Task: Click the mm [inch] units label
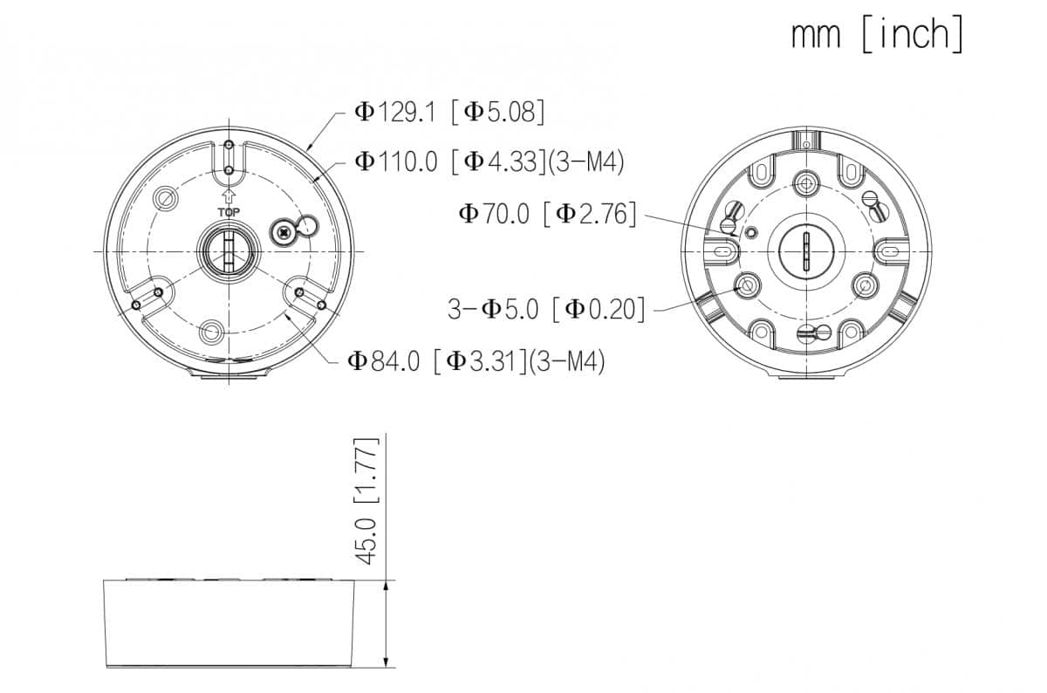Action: pos(878,33)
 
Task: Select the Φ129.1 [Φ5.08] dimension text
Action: pos(449,113)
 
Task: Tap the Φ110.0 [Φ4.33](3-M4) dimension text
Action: pos(489,161)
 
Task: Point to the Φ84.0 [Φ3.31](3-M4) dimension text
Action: pos(476,361)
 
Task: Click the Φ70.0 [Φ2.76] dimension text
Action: pos(547,214)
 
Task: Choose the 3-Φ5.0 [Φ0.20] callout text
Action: pos(546,309)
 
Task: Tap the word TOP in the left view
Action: pos(229,212)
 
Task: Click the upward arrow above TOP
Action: pos(229,196)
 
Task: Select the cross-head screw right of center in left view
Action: pos(284,232)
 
